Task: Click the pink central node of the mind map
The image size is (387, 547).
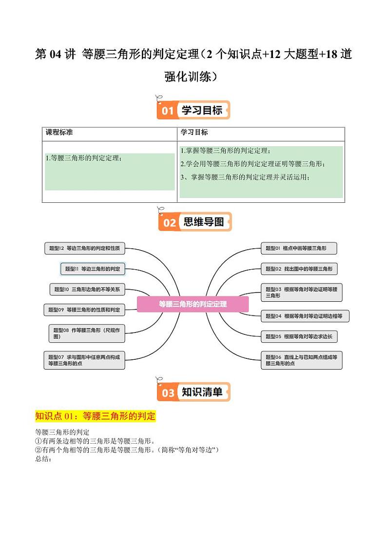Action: pyautogui.click(x=193, y=304)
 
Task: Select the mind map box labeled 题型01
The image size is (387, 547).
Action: pyautogui.click(x=299, y=248)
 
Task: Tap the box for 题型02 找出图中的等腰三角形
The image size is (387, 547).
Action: pyautogui.click(x=299, y=269)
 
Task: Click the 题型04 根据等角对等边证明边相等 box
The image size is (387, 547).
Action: pyautogui.click(x=305, y=316)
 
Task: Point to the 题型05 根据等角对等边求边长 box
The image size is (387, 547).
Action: pyautogui.click(x=299, y=336)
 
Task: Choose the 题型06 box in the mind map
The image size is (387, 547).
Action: pyautogui.click(x=302, y=360)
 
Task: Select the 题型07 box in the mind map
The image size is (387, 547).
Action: pyautogui.click(x=84, y=360)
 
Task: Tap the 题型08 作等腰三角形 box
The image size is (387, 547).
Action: pyautogui.click(x=87, y=333)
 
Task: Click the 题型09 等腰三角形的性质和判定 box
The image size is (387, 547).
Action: pyautogui.click(x=84, y=309)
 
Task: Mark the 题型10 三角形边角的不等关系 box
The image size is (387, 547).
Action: pyautogui.click(x=87, y=289)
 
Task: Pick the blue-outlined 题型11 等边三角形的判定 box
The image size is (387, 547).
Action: pyautogui.click(x=93, y=269)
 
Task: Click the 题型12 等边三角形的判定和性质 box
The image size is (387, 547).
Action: pyautogui.click(x=84, y=248)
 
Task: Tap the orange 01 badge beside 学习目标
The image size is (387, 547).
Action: pyautogui.click(x=168, y=111)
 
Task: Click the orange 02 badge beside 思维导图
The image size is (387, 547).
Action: pyautogui.click(x=169, y=223)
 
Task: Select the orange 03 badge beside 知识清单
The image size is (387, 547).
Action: pyautogui.click(x=168, y=393)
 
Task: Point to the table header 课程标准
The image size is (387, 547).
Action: pyautogui.click(x=59, y=133)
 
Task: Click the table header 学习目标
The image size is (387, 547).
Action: pyautogui.click(x=194, y=133)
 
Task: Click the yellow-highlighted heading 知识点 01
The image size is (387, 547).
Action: pyautogui.click(x=95, y=416)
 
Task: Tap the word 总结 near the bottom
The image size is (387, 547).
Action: pyautogui.click(x=43, y=459)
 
